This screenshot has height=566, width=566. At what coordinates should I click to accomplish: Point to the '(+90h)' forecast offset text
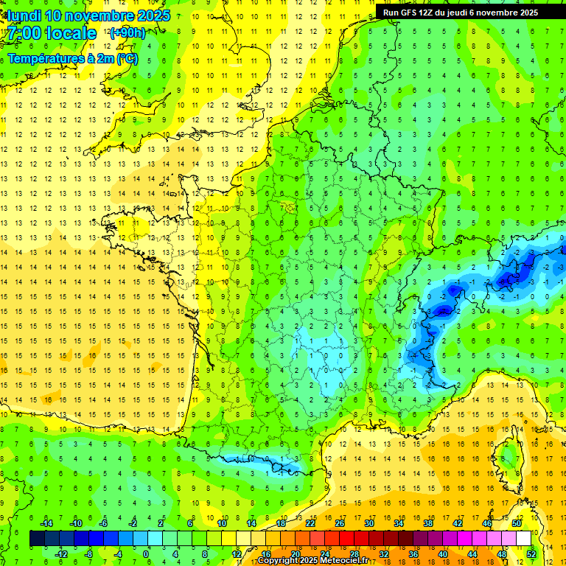coord(127,32)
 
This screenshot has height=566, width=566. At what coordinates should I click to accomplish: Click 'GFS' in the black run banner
coord(412,13)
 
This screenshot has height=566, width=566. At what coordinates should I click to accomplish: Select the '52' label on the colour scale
coord(531,554)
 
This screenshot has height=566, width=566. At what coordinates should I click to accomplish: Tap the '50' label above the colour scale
coord(516,523)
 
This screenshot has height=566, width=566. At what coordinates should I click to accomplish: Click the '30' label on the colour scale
coord(368,523)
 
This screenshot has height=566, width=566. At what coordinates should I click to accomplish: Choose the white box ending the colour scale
coord(523,539)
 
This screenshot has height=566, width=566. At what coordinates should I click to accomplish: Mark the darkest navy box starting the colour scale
coord(37,539)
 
